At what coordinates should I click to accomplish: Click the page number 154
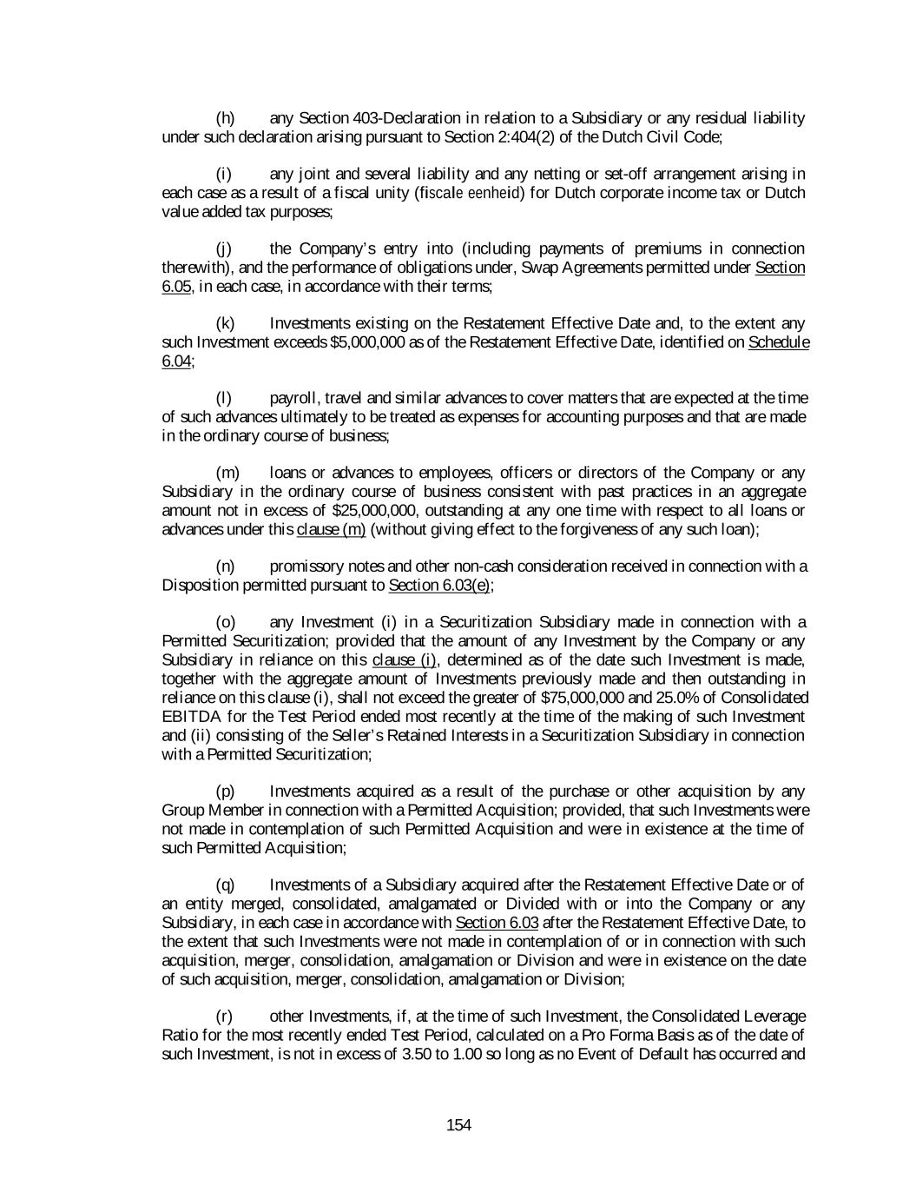458,1126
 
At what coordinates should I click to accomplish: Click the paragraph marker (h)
225,118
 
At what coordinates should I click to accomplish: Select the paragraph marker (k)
225,324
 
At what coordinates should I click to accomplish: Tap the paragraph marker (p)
225,792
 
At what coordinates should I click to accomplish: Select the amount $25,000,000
377,511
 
